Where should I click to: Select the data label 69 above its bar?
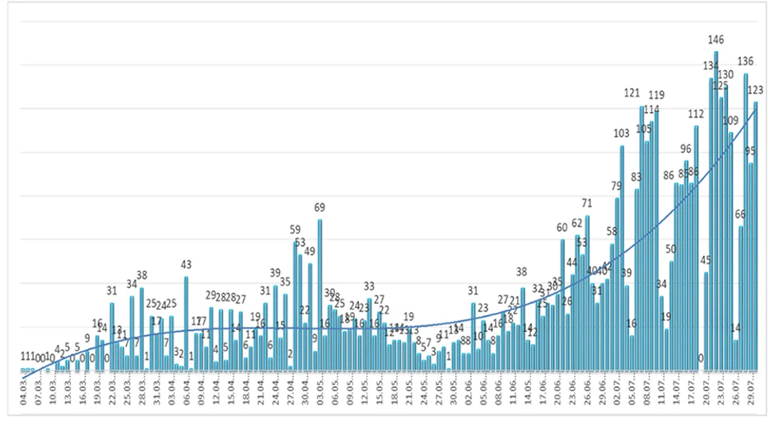click(319, 208)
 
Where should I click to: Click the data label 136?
click(746, 61)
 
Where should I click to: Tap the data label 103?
click(621, 133)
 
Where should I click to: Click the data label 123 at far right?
click(756, 91)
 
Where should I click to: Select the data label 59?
click(295, 229)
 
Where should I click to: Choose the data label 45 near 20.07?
click(706, 261)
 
